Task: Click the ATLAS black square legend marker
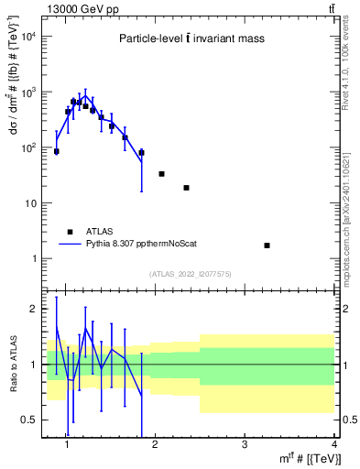[x=70, y=232]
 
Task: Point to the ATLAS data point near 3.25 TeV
[x=267, y=245]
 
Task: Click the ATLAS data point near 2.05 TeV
[x=161, y=173]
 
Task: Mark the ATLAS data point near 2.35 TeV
[x=186, y=188]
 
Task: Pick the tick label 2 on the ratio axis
[x=34, y=309]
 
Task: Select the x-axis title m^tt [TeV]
[x=305, y=459]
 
